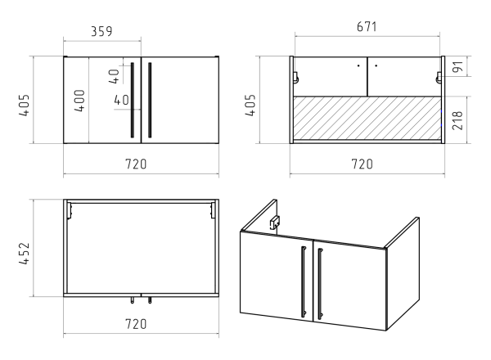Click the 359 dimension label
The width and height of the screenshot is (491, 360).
click(x=101, y=31)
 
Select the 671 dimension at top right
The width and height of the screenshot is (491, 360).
click(x=367, y=27)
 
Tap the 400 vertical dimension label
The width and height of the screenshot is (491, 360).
click(x=79, y=101)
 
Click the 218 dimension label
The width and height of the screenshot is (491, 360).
click(x=457, y=120)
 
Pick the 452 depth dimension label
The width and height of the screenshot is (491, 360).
click(x=24, y=254)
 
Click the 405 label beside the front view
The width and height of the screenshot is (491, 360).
click(x=24, y=106)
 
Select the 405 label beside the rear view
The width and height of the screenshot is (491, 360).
click(x=250, y=106)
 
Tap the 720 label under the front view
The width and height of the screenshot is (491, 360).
click(x=136, y=164)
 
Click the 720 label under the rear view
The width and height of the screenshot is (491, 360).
click(x=363, y=164)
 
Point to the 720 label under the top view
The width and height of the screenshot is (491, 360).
click(x=136, y=324)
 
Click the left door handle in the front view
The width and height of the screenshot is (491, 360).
click(x=133, y=100)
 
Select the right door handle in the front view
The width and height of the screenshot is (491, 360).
click(x=150, y=100)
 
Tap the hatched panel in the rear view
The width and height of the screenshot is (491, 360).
click(x=367, y=118)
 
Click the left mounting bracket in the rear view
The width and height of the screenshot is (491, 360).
click(x=295, y=78)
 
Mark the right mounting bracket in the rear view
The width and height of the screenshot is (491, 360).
click(x=439, y=78)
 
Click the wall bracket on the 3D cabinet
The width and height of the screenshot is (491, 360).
click(x=275, y=223)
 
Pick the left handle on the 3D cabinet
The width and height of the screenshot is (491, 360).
click(x=304, y=281)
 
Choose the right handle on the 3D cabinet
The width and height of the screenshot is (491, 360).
click(x=320, y=284)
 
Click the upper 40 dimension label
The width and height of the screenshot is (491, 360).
click(x=115, y=76)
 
